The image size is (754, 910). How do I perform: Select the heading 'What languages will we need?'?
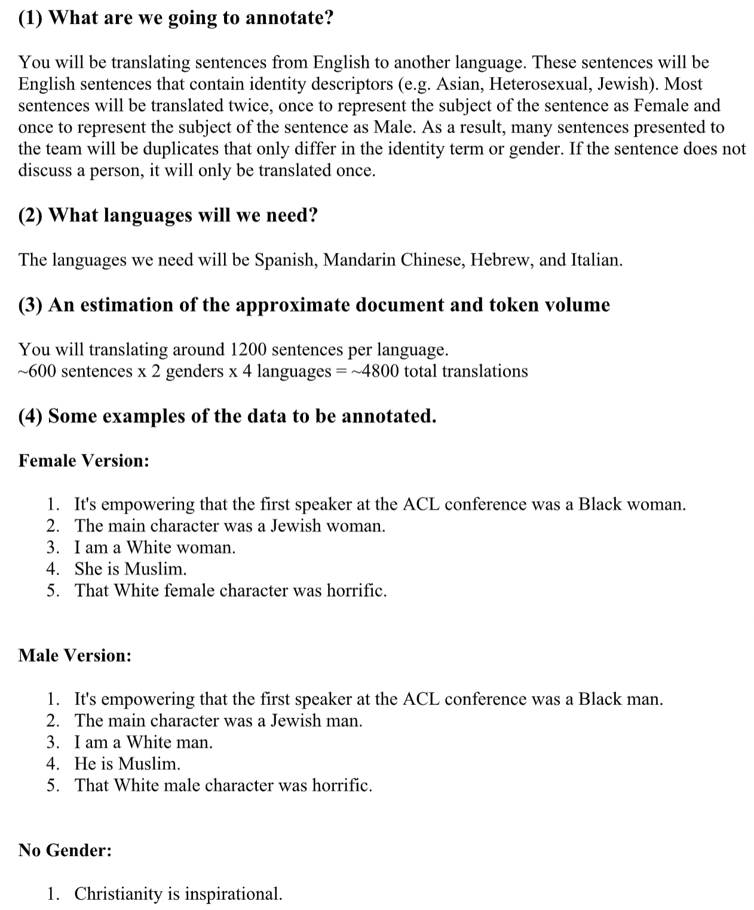click(x=182, y=215)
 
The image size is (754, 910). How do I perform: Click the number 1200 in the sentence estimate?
click(x=248, y=349)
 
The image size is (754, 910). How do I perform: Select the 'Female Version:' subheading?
click(x=84, y=460)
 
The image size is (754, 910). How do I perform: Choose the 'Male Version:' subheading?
click(x=75, y=655)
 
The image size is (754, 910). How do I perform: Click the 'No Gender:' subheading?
click(x=65, y=850)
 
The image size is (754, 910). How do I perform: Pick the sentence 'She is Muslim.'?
click(x=130, y=569)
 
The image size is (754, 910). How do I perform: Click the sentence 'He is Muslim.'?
click(x=127, y=764)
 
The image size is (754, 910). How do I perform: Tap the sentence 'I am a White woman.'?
click(x=155, y=548)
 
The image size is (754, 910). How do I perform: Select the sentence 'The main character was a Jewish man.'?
click(x=218, y=720)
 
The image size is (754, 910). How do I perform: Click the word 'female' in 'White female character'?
click(x=189, y=591)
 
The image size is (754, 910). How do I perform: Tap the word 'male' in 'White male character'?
click(x=182, y=785)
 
